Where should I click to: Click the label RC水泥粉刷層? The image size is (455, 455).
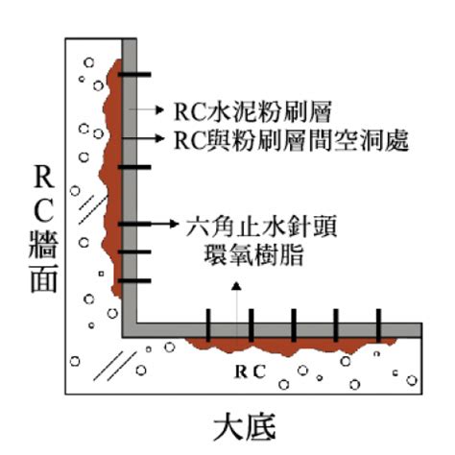pyautogui.click(x=252, y=111)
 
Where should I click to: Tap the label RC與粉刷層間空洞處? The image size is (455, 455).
pyautogui.click(x=291, y=140)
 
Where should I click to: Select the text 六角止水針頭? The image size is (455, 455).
pyautogui.click(x=261, y=227)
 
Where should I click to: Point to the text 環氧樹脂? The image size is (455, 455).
pyautogui.click(x=253, y=255)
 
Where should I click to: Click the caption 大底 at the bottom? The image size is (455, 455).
pyautogui.click(x=245, y=428)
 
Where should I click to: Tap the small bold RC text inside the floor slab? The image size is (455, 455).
pyautogui.click(x=251, y=371)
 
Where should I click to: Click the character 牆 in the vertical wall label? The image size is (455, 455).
pyautogui.click(x=43, y=245)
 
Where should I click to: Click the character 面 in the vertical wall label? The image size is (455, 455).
pyautogui.click(x=44, y=278)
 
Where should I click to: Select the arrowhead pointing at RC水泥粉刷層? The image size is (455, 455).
pyautogui.click(x=159, y=109)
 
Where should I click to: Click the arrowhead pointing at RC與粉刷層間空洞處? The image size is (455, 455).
pyautogui.click(x=159, y=138)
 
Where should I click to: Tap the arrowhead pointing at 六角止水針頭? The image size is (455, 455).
pyautogui.click(x=174, y=224)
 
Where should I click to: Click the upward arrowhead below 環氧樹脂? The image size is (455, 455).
pyautogui.click(x=236, y=286)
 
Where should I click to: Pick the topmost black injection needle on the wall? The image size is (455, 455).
pyautogui.click(x=134, y=75)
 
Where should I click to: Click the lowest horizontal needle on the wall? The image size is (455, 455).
pyautogui.click(x=134, y=281)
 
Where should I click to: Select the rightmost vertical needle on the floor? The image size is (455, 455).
pyautogui.click(x=378, y=325)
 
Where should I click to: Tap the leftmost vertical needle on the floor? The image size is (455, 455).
pyautogui.click(x=208, y=325)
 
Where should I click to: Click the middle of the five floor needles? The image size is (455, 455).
pyautogui.click(x=294, y=325)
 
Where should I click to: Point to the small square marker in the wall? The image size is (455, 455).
pyautogui.click(x=101, y=274)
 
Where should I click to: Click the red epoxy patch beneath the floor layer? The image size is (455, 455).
pyautogui.click(x=288, y=347)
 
